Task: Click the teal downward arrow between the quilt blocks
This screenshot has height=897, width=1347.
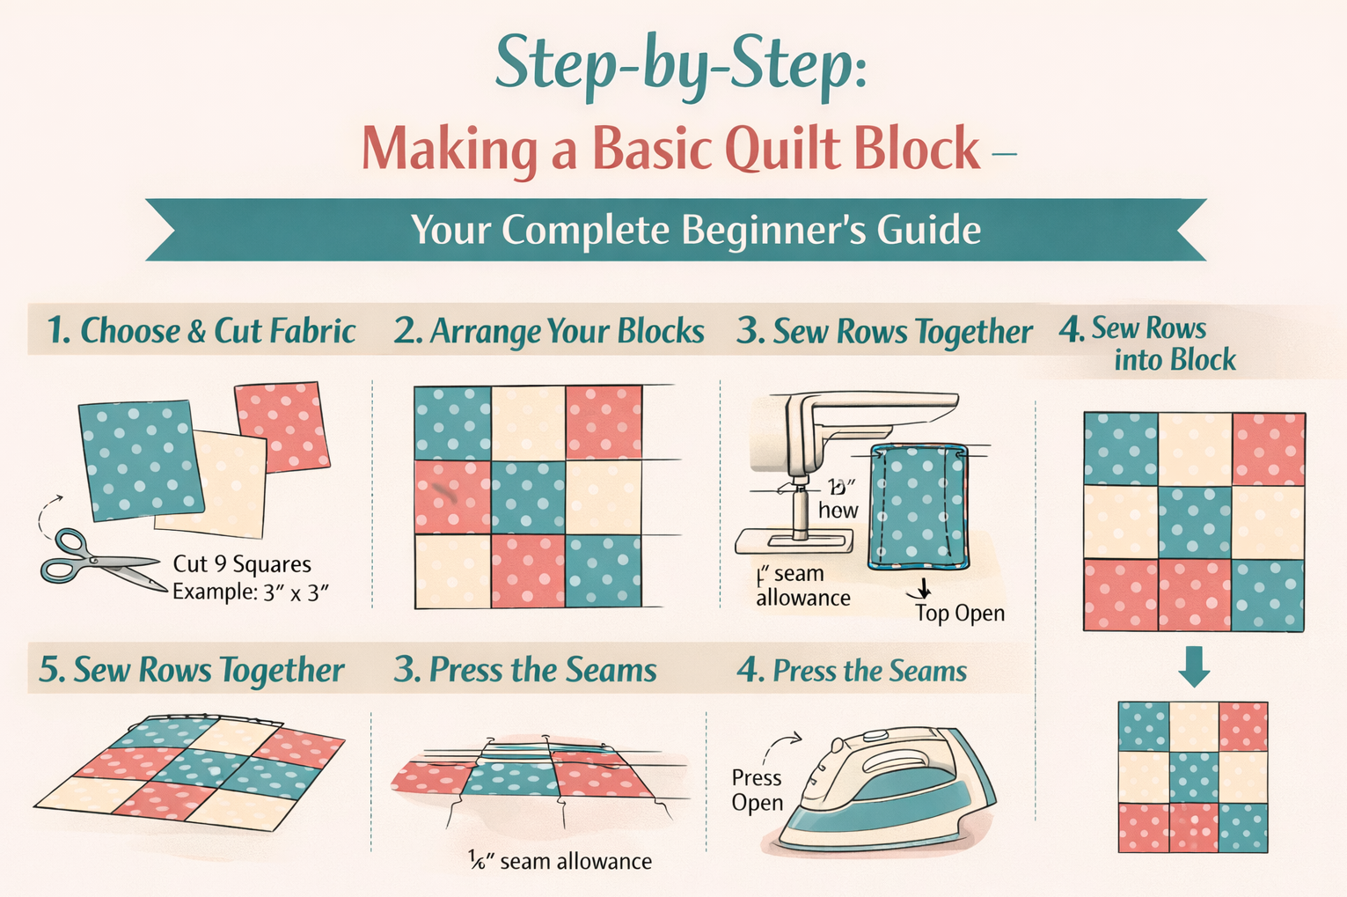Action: (x=1194, y=666)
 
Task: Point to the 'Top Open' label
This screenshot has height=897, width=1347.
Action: (x=959, y=613)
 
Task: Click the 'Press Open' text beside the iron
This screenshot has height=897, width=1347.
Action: (x=757, y=790)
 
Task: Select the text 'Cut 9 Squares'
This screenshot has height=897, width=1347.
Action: (x=242, y=564)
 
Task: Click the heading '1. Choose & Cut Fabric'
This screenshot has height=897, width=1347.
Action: (x=201, y=331)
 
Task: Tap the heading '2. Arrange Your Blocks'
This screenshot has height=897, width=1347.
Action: (x=549, y=331)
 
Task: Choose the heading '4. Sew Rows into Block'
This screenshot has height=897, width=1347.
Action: (x=1148, y=344)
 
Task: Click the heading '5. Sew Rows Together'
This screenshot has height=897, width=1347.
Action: (x=191, y=670)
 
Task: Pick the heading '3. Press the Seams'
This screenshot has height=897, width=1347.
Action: (x=525, y=670)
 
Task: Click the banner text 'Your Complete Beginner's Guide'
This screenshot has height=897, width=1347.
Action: (x=695, y=230)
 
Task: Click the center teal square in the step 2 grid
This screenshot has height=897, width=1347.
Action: (x=528, y=497)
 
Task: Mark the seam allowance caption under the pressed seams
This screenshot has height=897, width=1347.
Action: (x=560, y=861)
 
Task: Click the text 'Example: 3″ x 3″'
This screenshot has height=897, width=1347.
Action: (x=250, y=592)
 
